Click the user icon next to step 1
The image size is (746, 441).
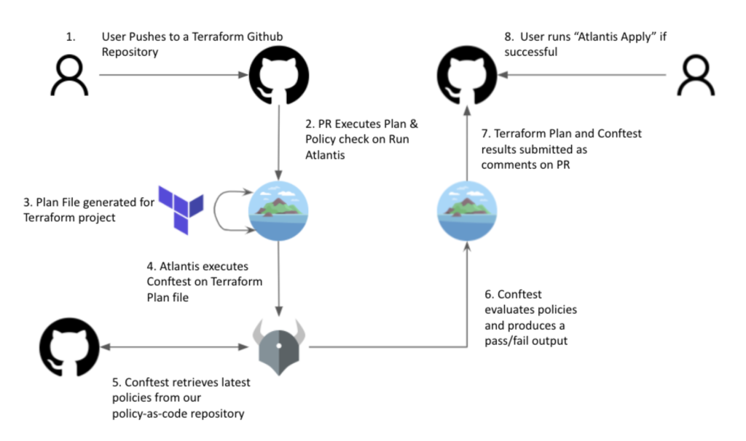(x=69, y=76)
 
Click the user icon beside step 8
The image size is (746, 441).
(x=696, y=76)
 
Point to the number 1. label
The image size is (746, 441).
(x=71, y=36)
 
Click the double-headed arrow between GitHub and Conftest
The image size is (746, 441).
(x=175, y=347)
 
